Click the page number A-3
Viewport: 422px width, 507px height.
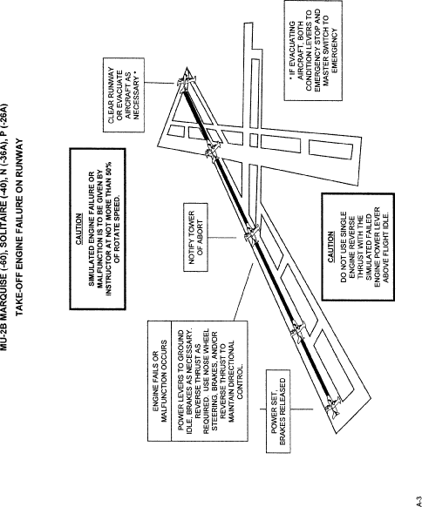[419, 501]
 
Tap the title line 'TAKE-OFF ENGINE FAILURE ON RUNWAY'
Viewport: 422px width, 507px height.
[19, 227]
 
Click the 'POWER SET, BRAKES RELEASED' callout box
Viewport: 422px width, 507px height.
[278, 411]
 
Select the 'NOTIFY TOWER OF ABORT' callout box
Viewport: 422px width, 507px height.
[196, 237]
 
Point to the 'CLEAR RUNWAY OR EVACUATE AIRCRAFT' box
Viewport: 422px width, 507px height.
[124, 95]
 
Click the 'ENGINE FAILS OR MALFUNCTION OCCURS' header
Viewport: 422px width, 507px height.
[160, 381]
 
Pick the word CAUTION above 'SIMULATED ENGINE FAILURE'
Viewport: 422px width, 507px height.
[79, 228]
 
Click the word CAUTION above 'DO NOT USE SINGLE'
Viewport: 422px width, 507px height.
[330, 247]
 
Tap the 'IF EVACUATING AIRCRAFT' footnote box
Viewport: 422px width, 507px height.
[313, 51]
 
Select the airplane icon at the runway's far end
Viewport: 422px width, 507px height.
[185, 80]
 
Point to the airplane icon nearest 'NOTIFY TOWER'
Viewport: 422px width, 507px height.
[251, 233]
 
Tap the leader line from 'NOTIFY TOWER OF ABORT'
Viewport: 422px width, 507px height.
[222, 238]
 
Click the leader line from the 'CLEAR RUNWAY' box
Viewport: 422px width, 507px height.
[160, 83]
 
